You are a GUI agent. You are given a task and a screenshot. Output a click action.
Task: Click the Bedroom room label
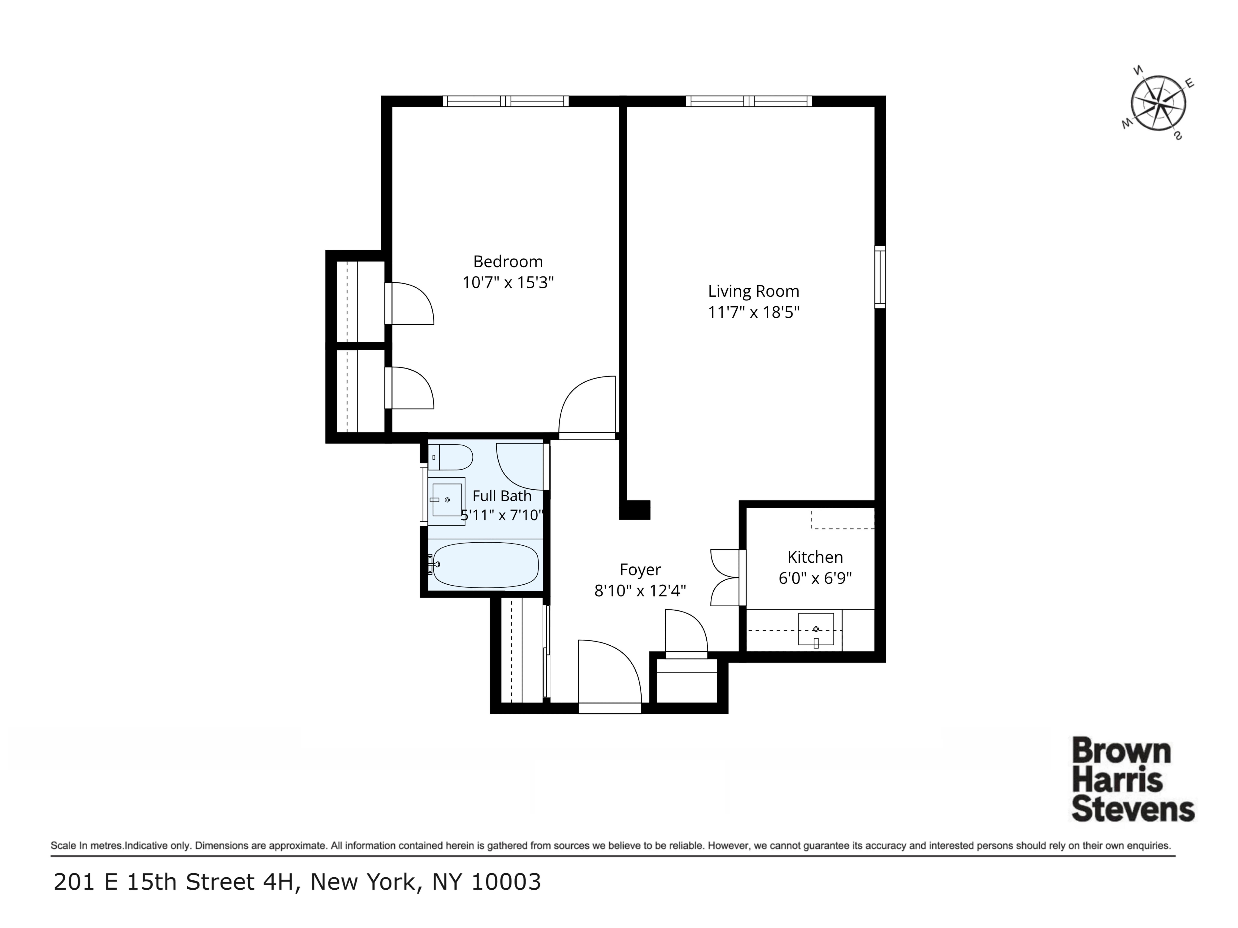pos(508,261)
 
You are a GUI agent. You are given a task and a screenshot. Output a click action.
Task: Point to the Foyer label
pos(640,569)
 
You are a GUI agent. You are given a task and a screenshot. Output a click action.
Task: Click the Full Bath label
pos(501,496)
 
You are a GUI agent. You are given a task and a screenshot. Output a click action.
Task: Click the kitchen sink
pos(815,629)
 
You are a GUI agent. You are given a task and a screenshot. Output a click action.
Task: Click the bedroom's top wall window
pos(505,101)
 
